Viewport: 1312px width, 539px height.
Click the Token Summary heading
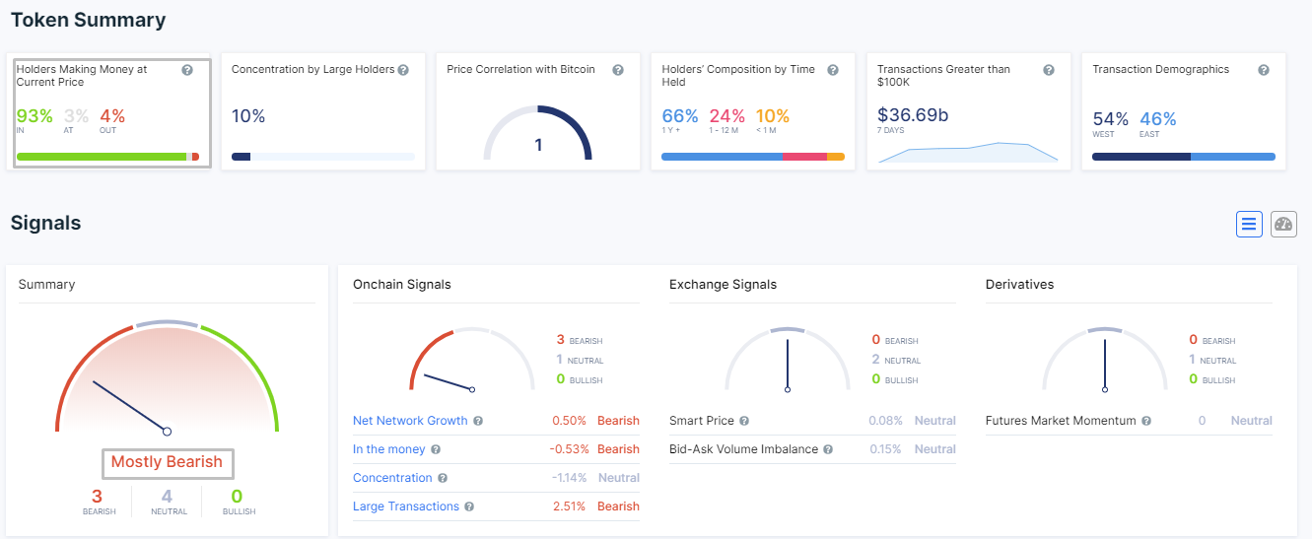point(88,20)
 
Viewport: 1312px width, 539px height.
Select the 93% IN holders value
point(35,116)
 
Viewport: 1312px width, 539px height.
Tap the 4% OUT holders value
point(112,116)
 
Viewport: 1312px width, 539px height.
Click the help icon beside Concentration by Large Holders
point(403,70)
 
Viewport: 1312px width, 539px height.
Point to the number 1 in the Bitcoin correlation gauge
point(538,145)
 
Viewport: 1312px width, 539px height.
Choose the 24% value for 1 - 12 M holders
point(726,116)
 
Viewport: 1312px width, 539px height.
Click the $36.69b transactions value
point(913,115)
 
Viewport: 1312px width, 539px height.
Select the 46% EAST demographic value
point(1157,119)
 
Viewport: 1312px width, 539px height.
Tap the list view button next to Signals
point(1249,224)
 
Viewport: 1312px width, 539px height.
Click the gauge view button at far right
point(1283,224)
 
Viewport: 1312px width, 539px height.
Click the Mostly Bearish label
point(167,462)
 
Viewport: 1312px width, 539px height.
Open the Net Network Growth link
point(410,421)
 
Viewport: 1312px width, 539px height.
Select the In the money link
point(389,449)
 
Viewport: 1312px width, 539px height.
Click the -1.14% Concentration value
point(569,478)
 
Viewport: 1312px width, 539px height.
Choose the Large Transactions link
point(406,506)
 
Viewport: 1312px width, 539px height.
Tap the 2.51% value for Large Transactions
point(569,506)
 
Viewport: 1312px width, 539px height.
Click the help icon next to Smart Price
point(744,421)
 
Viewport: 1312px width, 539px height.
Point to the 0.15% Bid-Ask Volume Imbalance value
point(884,449)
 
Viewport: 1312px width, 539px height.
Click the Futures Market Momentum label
point(1061,421)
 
